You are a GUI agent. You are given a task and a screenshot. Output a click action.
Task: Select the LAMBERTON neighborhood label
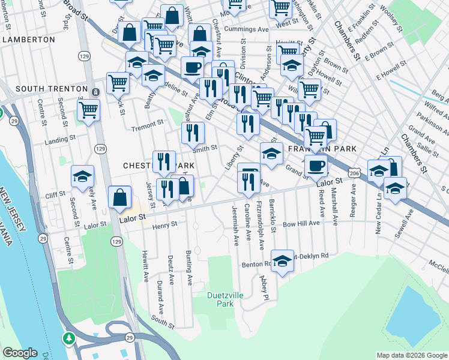28,39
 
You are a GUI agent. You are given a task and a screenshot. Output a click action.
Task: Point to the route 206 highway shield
355,172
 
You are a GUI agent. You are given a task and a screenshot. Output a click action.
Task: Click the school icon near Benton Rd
282,261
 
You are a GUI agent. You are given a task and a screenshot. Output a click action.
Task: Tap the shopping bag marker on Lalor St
120,196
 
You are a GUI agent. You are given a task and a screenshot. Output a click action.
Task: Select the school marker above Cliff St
82,176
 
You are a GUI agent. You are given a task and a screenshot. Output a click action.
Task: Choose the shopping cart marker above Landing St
88,110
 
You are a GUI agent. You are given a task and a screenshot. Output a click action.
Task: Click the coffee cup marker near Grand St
316,166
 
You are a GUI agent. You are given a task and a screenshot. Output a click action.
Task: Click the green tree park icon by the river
70,338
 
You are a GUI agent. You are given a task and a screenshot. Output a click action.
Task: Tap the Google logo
20,353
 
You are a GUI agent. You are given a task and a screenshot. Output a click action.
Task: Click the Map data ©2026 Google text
411,355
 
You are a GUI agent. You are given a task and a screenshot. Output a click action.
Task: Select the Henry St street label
165,226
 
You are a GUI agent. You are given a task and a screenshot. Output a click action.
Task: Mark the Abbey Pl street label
263,287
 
